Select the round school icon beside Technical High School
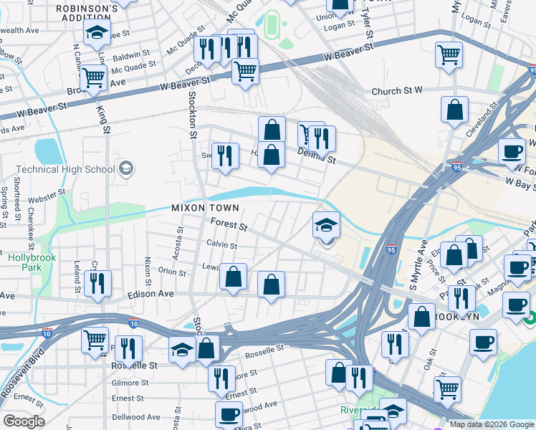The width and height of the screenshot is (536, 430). coord(126,168)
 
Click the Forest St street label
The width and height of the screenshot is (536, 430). coord(229,225)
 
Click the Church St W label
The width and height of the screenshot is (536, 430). coord(398,91)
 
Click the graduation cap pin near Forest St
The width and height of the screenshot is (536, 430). coord(325,226)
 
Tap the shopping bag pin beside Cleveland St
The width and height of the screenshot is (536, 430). coord(454,110)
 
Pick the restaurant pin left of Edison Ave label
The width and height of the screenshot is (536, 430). coord(97,283)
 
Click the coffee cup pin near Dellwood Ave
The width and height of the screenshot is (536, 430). coord(229,414)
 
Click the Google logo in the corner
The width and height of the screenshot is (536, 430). coord(24,421)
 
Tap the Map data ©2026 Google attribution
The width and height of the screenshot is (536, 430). coord(491,424)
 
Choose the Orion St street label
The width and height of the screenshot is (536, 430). coord(172,272)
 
